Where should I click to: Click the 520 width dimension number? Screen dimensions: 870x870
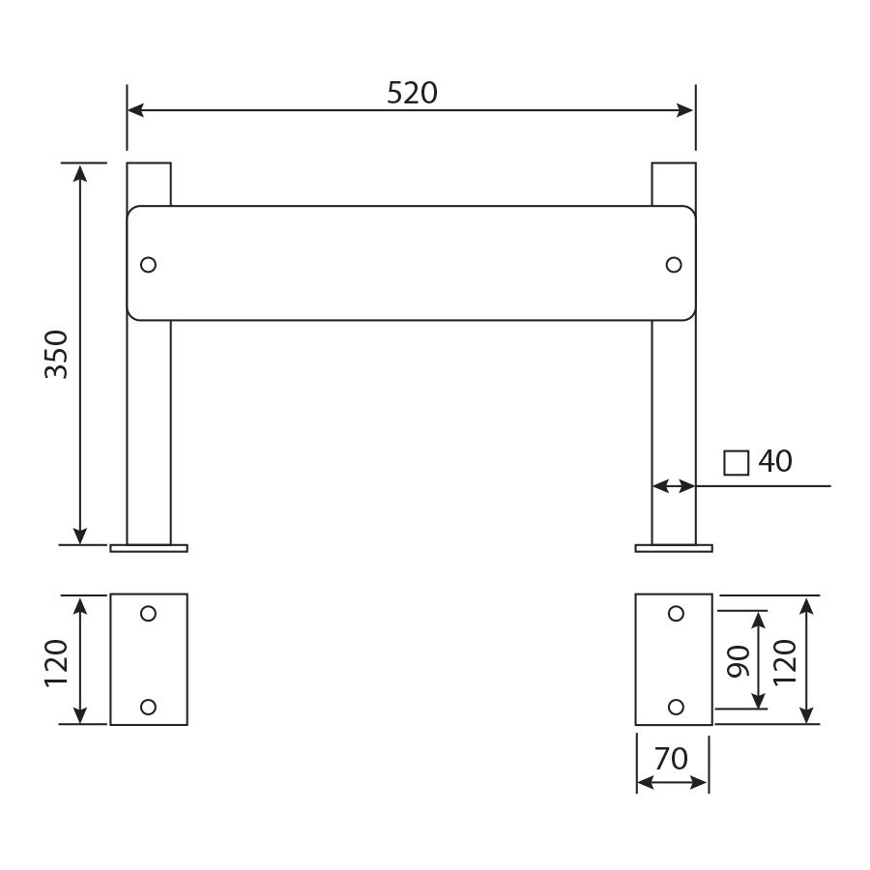coord(412,93)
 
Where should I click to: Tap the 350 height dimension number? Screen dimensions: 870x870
coord(57,355)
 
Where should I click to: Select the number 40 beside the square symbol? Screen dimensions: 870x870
coord(775,461)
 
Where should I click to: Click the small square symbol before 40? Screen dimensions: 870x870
coord(737,463)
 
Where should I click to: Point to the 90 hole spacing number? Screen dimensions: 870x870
coord(739,661)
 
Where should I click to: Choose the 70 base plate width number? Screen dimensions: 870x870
coord(671,759)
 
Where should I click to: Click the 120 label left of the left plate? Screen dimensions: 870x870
coord(57,663)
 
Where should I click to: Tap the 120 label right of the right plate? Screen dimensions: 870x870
coord(785,662)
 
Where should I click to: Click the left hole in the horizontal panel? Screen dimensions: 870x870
coord(148,265)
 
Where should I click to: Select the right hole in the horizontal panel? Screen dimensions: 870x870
coord(674,265)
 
